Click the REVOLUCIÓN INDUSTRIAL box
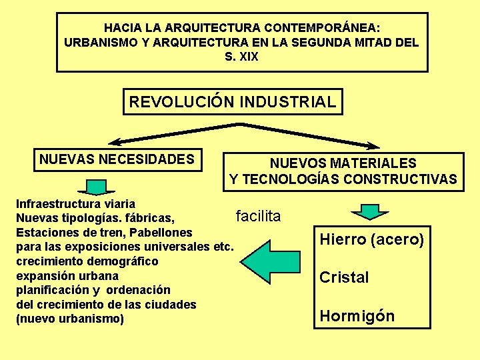233,103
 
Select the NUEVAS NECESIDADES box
117,159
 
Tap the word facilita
258,216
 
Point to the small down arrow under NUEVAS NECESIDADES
97,186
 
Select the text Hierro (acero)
372,239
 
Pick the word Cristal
344,277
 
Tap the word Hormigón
357,316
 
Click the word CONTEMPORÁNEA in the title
322,28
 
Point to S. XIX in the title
241,57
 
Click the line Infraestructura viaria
75,203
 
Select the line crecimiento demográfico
87,261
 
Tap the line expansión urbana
67,275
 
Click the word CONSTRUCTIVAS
409,179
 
